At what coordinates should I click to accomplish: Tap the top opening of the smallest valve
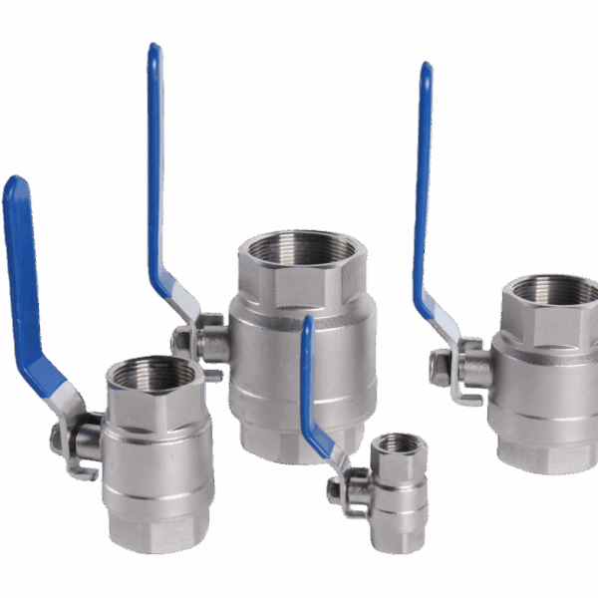399,442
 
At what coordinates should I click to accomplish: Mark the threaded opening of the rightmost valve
554,289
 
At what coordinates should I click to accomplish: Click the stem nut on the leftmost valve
60,437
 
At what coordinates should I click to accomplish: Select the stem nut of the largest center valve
181,342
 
